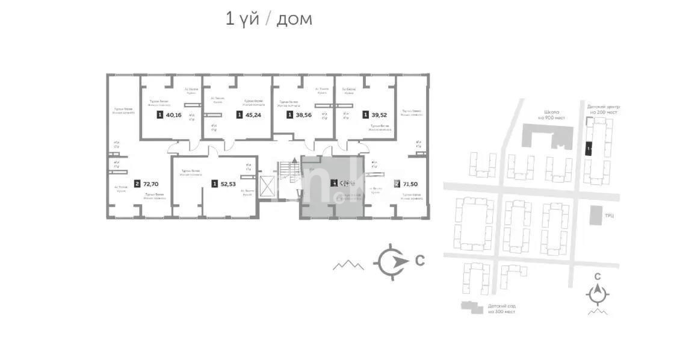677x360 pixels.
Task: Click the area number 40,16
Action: pos(173,115)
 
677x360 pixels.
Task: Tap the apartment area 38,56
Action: pos(304,115)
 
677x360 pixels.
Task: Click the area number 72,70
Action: pos(151,184)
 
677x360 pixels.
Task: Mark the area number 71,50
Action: pos(411,184)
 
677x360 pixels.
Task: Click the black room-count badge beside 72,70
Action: pos(137,184)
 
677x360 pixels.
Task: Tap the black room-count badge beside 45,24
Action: pos(240,115)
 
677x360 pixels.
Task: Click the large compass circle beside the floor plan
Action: pos(389,261)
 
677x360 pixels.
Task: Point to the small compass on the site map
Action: pos(597,294)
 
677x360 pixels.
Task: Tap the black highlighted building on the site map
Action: pos(589,147)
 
